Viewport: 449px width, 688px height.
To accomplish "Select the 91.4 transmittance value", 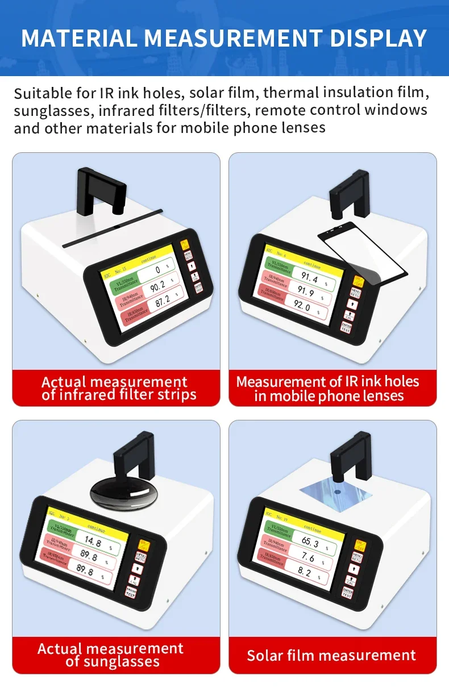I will [x=309, y=277].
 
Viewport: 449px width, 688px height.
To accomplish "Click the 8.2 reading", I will [x=305, y=572].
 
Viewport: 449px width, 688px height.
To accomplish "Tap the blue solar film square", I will [x=336, y=489].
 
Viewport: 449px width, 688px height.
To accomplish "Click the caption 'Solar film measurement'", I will [x=331, y=655].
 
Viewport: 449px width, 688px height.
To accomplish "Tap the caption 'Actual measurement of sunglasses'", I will [x=111, y=655].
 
